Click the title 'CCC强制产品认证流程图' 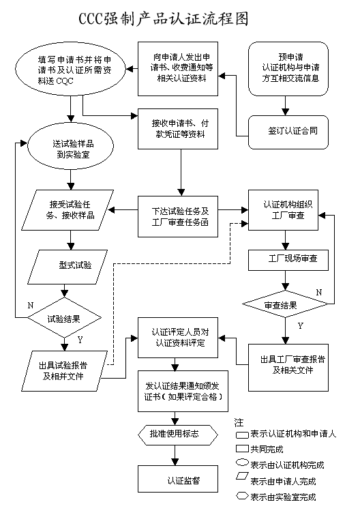click(x=164, y=18)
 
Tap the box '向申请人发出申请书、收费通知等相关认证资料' click(x=178, y=69)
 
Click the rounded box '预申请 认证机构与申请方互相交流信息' click(x=288, y=69)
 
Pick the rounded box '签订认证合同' click(x=288, y=132)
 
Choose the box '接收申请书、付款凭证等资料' click(x=178, y=129)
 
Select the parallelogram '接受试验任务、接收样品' click(x=67, y=210)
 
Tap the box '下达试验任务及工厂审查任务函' click(x=178, y=216)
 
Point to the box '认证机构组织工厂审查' click(x=283, y=210)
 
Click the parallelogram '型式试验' click(x=67, y=267)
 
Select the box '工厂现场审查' click(x=288, y=260)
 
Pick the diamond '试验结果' click(x=64, y=317)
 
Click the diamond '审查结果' click(x=285, y=304)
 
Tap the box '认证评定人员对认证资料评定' click(x=178, y=338)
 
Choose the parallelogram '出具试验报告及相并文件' click(x=64, y=371)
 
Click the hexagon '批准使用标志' click(x=178, y=435)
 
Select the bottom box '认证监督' click(x=178, y=479)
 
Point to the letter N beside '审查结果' click(x=319, y=292)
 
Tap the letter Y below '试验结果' click(x=80, y=340)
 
